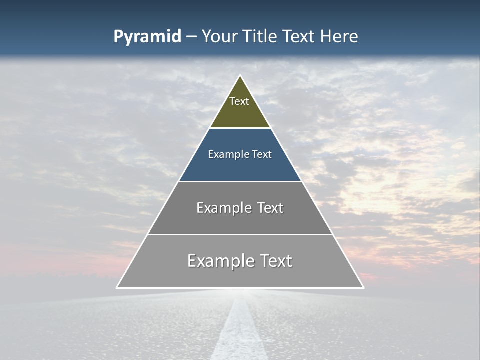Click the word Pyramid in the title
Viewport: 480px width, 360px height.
tap(147, 37)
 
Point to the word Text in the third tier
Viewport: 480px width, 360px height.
tap(270, 208)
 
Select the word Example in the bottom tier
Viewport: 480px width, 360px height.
tap(215, 261)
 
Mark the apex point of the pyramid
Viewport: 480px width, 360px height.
tap(240, 75)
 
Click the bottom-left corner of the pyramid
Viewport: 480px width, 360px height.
tap(117, 288)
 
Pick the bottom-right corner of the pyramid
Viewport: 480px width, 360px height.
tap(363, 288)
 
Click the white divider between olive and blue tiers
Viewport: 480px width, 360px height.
tap(240, 128)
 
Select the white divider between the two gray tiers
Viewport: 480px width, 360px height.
tap(240, 234)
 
